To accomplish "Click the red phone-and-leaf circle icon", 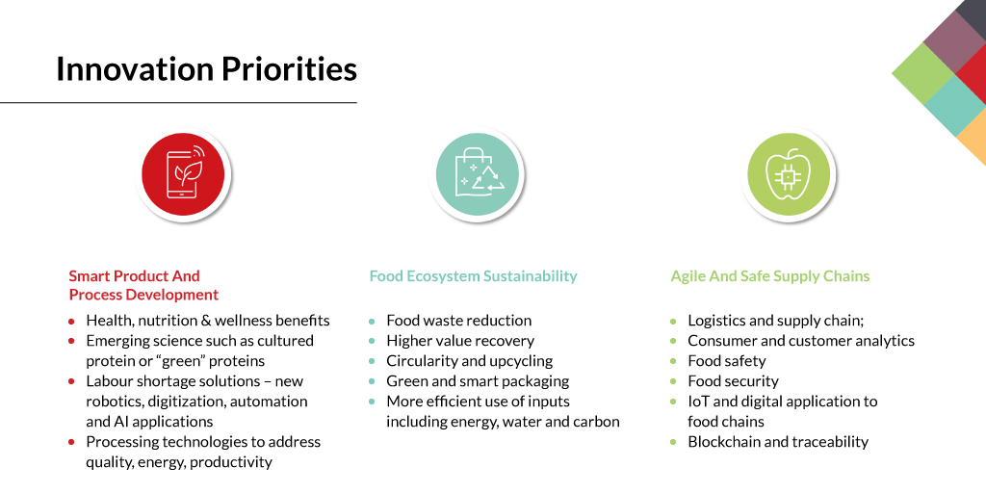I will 183,175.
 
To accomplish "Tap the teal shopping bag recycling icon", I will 478,175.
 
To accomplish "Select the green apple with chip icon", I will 789,175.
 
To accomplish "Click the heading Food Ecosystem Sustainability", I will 473,276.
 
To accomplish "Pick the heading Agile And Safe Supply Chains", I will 769,276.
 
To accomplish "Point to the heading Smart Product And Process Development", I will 143,285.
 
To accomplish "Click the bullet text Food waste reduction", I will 458,321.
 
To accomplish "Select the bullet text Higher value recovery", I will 459,341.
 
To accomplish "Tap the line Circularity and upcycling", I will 469,361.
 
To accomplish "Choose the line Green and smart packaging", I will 478,381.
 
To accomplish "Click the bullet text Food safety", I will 726,361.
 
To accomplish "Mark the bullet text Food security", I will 733,381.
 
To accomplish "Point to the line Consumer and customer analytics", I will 800,341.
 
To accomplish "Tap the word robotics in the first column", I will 114,402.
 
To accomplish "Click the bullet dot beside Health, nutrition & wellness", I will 71,322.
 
